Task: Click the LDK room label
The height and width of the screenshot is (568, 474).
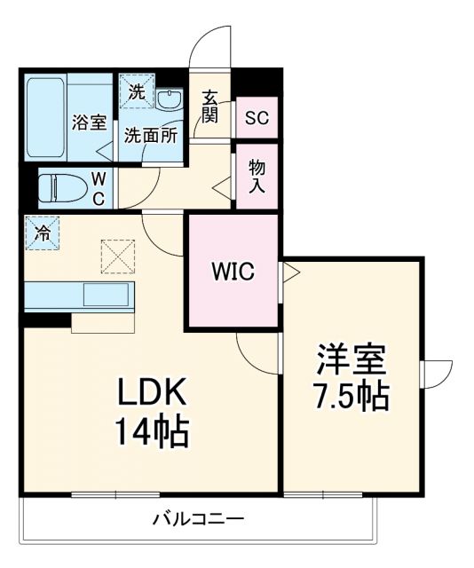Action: click(x=149, y=391)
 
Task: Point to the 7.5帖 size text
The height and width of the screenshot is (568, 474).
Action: click(x=352, y=396)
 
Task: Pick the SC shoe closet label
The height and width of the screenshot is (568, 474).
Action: click(x=257, y=116)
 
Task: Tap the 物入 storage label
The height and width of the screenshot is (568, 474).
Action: click(x=257, y=176)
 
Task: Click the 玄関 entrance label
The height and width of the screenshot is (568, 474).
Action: click(x=209, y=106)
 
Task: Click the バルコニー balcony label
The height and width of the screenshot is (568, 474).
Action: click(x=197, y=519)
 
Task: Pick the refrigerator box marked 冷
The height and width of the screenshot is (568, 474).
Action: click(x=42, y=233)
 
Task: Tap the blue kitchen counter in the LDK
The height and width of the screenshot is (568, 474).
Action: click(x=78, y=296)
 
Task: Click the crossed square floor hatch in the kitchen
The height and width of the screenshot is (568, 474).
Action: click(x=115, y=257)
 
